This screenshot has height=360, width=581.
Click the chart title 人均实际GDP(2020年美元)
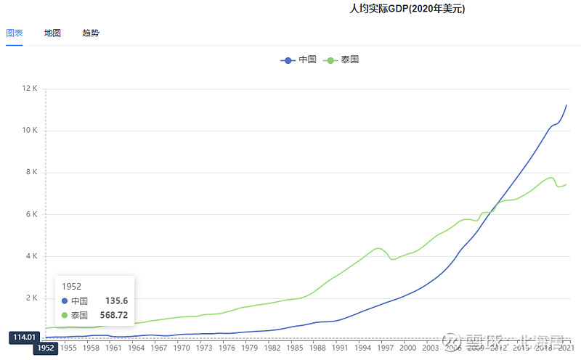pyautogui.click(x=407, y=9)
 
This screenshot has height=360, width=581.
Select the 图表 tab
pyautogui.click(x=15, y=33)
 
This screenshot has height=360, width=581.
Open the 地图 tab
pyautogui.click(x=52, y=33)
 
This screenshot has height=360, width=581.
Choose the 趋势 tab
pyautogui.click(x=91, y=33)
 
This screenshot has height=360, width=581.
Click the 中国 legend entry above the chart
pyautogui.click(x=299, y=60)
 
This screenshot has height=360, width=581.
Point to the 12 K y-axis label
pyautogui.click(x=30, y=89)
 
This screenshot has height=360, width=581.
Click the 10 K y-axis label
pyautogui.click(x=30, y=131)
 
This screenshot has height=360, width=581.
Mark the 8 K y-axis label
pyautogui.click(x=31, y=173)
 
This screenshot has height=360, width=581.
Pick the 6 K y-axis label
pyautogui.click(x=31, y=215)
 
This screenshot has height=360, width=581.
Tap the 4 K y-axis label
pyautogui.click(x=31, y=256)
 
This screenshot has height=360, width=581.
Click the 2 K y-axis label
pyautogui.click(x=31, y=298)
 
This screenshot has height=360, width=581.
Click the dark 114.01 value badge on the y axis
pyautogui.click(x=24, y=337)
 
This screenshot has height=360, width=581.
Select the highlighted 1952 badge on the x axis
pyautogui.click(x=46, y=348)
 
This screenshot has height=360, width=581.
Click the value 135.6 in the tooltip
pyautogui.click(x=117, y=300)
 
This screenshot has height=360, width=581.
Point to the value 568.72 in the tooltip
pyautogui.click(x=114, y=315)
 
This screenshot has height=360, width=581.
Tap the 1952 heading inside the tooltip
pyautogui.click(x=72, y=286)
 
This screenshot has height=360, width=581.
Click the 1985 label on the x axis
pyautogui.click(x=295, y=348)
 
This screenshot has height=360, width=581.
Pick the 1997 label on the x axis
pyautogui.click(x=386, y=348)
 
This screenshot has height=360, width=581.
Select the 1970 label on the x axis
pyautogui.click(x=182, y=348)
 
